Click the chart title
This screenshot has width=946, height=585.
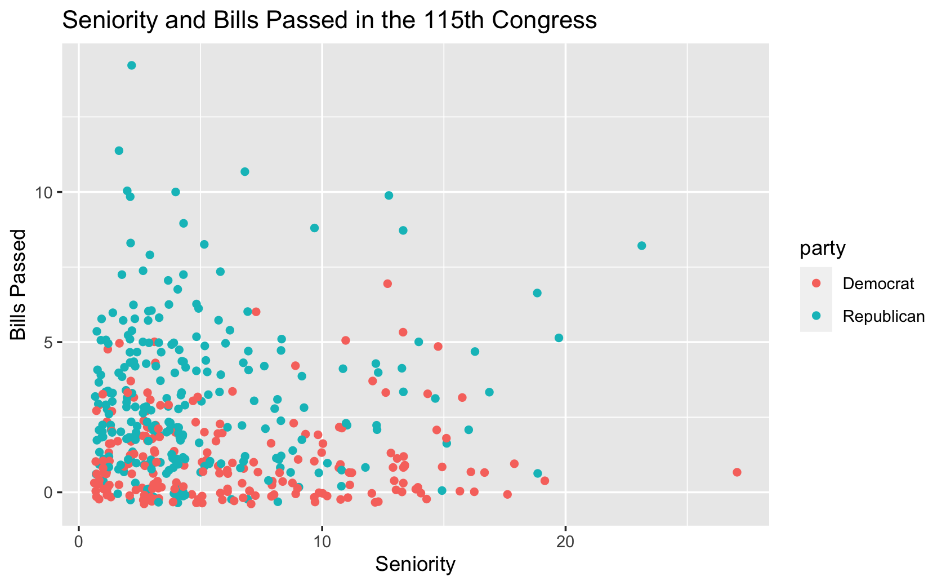[x=329, y=21]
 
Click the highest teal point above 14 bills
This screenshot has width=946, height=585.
[x=132, y=65]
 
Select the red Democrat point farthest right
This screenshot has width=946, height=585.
[x=737, y=472]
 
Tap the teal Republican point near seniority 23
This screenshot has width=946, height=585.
[x=641, y=246]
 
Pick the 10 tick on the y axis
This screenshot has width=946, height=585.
[x=45, y=192]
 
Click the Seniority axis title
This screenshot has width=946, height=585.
[x=415, y=564]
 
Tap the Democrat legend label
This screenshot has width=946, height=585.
[x=878, y=283]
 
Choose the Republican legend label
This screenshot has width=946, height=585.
[x=883, y=316]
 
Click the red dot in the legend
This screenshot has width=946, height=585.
[x=816, y=283]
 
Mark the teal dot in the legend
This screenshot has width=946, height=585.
[x=816, y=316]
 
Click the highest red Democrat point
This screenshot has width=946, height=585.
[x=387, y=283]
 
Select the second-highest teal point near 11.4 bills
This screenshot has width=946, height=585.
[x=119, y=150]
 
